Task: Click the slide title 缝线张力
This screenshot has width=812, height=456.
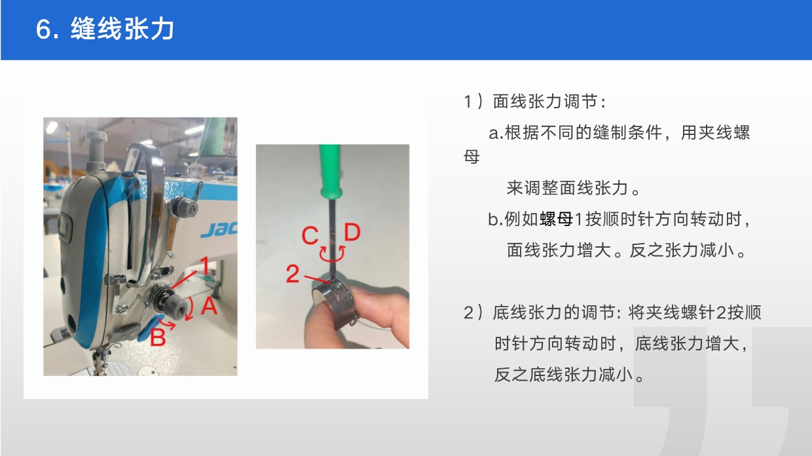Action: pos(122,29)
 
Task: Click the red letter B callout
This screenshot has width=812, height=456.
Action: pos(158,337)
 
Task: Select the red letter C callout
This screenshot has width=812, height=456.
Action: pos(310,235)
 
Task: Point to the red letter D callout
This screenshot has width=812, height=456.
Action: pos(352,232)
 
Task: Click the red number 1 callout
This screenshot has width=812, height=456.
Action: pos(205,265)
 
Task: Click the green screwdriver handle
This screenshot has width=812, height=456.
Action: pos(330,170)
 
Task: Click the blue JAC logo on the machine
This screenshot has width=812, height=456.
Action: pos(219,229)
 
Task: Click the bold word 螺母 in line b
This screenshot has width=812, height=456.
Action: pos(557,219)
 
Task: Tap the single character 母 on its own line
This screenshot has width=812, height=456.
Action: pos(471,157)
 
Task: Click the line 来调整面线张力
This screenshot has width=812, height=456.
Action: pos(567,188)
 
